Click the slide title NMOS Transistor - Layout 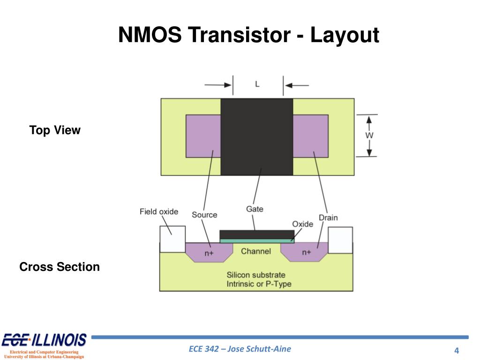(248, 36)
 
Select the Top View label (55, 130)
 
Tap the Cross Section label (60, 267)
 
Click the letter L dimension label (257, 84)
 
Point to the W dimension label (370, 135)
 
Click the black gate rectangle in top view (256, 136)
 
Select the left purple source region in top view (203, 136)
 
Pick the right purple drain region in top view (310, 136)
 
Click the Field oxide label (159, 211)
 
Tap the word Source (204, 215)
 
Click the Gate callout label (255, 209)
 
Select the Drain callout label (328, 217)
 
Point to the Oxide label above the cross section (302, 224)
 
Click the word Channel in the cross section (255, 251)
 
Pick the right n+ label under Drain (306, 252)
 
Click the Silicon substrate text (256, 275)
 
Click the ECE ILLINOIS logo (45, 340)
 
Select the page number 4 (456, 351)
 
